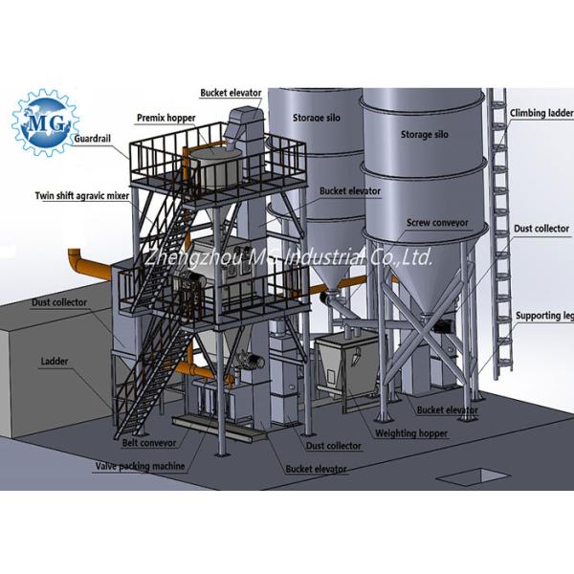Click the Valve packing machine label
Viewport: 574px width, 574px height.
point(138,466)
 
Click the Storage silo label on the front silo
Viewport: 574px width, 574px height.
point(424,135)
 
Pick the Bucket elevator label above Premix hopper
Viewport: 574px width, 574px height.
point(230,93)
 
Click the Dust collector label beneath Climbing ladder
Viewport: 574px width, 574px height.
point(541,230)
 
